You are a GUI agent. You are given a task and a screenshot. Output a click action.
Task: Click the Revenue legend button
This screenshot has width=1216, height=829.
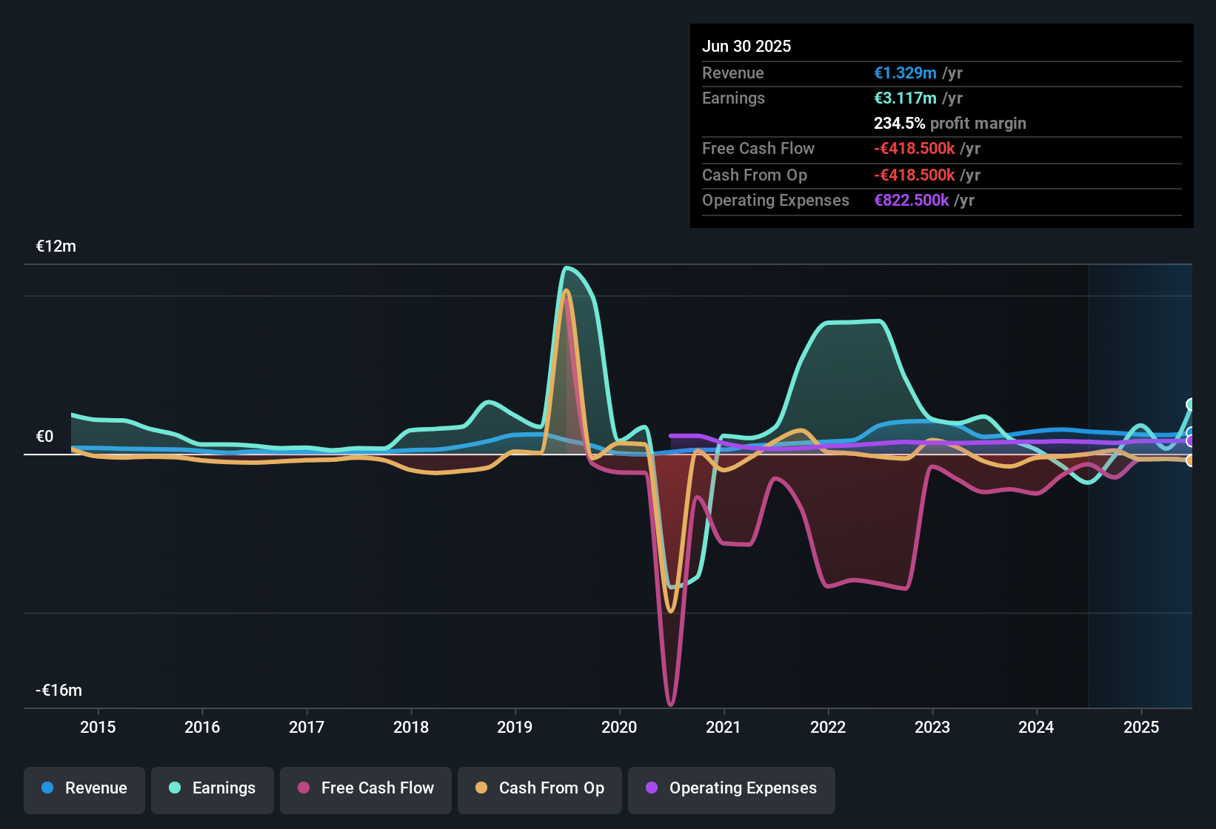84,788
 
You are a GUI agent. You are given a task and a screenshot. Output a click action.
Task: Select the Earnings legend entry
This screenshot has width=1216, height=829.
213,788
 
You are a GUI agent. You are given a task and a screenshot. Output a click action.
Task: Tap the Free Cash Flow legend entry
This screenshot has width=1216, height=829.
366,788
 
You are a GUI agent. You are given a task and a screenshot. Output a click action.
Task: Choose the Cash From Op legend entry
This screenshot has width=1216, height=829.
540,788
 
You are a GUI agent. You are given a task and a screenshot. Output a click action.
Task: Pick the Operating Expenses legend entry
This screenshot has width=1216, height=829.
732,788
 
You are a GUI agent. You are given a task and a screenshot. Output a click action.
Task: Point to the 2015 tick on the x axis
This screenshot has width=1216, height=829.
98,727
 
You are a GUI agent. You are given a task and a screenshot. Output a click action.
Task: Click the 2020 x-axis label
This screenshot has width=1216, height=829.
619,727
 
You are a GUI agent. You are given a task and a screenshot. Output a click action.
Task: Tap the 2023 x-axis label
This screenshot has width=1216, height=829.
932,727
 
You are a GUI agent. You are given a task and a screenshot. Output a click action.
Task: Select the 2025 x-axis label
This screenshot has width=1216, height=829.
1141,727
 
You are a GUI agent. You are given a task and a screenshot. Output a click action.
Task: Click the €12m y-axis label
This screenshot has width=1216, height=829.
56,246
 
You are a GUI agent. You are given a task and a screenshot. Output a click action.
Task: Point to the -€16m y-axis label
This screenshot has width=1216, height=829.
59,691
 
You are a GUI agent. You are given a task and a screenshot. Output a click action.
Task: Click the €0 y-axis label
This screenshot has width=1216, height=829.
45,437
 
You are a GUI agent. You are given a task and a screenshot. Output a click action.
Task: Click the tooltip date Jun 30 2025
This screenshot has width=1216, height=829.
746,47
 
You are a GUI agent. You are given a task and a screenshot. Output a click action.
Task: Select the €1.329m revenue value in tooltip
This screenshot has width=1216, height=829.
905,73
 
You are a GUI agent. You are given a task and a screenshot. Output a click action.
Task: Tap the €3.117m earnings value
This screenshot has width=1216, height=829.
905,98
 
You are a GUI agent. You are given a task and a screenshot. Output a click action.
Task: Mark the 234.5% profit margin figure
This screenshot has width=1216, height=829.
899,124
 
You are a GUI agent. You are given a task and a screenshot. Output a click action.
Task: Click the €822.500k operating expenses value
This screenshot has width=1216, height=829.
911,201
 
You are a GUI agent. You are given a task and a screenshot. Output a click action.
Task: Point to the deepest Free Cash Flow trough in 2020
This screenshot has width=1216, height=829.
670,704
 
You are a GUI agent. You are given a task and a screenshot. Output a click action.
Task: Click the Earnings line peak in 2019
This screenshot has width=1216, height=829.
567,268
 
